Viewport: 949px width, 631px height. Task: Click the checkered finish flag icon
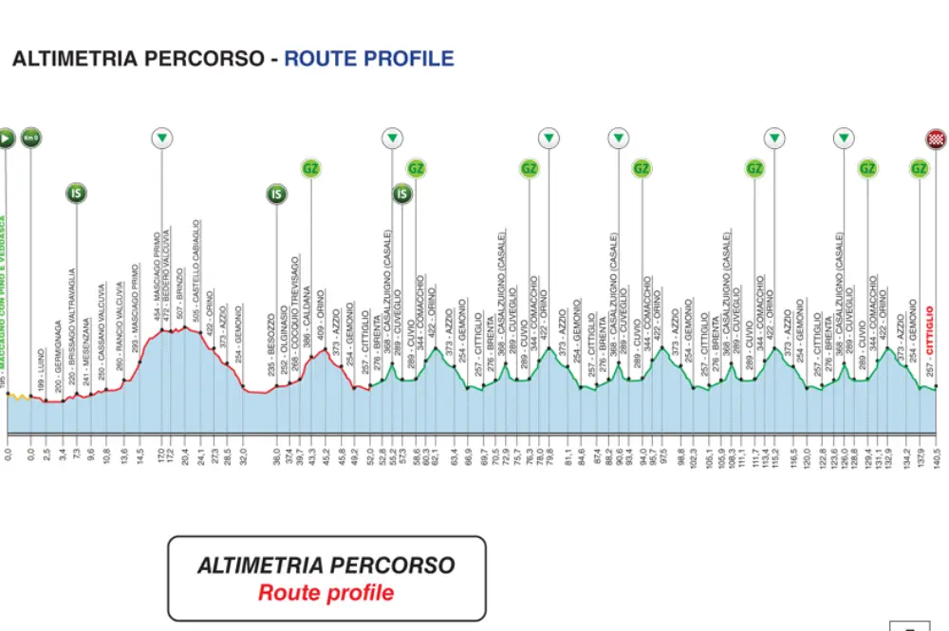(936, 139)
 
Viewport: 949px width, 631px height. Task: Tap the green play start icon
(6, 139)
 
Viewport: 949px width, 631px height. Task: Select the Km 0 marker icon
(30, 139)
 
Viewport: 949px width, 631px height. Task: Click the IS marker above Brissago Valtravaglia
(77, 194)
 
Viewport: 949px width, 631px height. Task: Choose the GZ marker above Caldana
(311, 169)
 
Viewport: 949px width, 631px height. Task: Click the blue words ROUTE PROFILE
(369, 59)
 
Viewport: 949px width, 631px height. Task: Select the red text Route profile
(326, 593)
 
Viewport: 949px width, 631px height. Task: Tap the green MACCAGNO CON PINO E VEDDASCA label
(4, 294)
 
